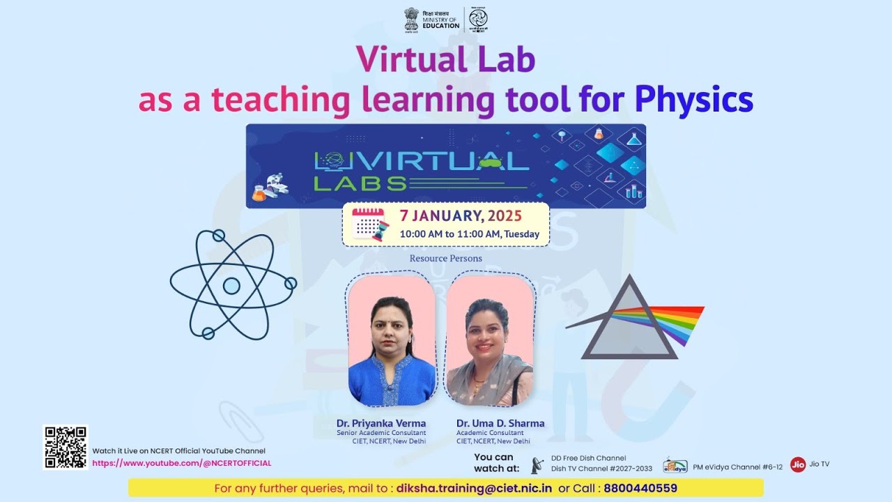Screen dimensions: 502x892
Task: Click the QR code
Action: point(65,447)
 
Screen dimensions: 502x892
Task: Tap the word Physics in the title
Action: point(693,99)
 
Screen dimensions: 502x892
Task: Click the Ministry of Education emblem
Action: point(411,19)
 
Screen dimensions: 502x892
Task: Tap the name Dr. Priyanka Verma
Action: point(381,423)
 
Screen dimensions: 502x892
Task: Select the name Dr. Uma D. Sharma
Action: point(500,423)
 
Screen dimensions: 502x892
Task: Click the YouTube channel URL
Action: point(182,463)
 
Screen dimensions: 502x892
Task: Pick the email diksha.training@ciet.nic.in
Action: point(474,488)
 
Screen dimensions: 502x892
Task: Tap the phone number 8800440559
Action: point(640,488)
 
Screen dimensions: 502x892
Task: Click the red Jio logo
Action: point(798,464)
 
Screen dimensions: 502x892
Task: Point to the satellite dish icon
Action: point(537,464)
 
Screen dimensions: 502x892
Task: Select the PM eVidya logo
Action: point(675,466)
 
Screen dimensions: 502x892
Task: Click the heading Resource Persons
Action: point(445,258)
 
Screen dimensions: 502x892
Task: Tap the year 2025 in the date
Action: point(505,215)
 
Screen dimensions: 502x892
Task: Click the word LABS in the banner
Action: point(360,183)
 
